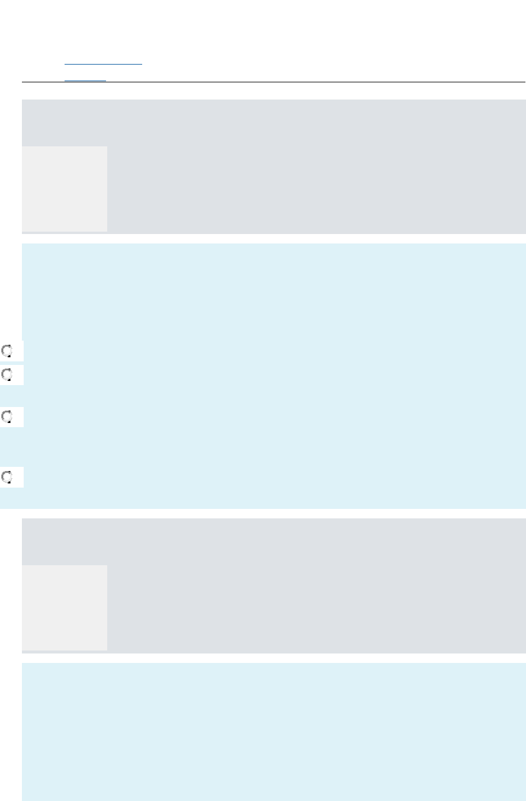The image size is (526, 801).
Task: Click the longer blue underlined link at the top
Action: tap(103, 63)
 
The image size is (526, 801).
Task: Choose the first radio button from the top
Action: tap(7, 351)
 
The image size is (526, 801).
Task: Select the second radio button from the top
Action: tap(7, 374)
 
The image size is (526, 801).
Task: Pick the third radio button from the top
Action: tap(7, 416)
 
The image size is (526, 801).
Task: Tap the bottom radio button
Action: tap(7, 477)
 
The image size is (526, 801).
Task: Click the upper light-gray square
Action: tap(65, 188)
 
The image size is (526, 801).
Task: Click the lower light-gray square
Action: tap(65, 607)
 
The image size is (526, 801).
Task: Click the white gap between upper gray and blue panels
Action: tap(272, 239)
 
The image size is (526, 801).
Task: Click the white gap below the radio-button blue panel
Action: tap(272, 514)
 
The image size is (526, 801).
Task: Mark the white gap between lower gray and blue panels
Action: tap(272, 658)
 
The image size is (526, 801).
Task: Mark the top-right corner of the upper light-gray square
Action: tap(107, 146)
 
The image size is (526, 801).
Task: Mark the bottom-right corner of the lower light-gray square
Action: tap(107, 650)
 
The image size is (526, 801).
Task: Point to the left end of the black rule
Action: tap(23, 82)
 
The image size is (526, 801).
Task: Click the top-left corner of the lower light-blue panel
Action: tap(23, 664)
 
